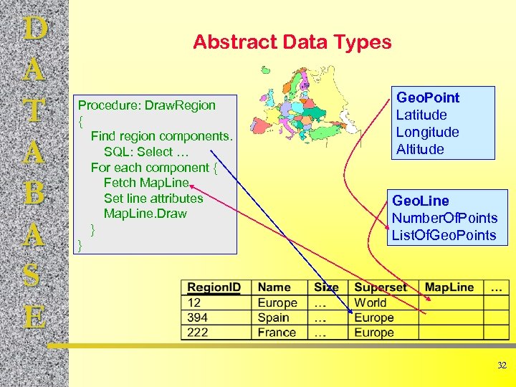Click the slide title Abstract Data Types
(292, 42)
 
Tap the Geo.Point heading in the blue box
(428, 97)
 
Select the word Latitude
(421, 115)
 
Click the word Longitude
(427, 132)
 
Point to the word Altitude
(420, 149)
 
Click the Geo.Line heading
(420, 201)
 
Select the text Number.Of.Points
(444, 218)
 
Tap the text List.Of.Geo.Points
(444, 235)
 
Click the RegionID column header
(214, 287)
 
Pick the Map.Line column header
(449, 287)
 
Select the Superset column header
(380, 287)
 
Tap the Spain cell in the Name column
(273, 317)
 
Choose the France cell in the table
(276, 333)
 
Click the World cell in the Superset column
(370, 302)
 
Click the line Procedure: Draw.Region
(146, 105)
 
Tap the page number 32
(502, 365)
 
